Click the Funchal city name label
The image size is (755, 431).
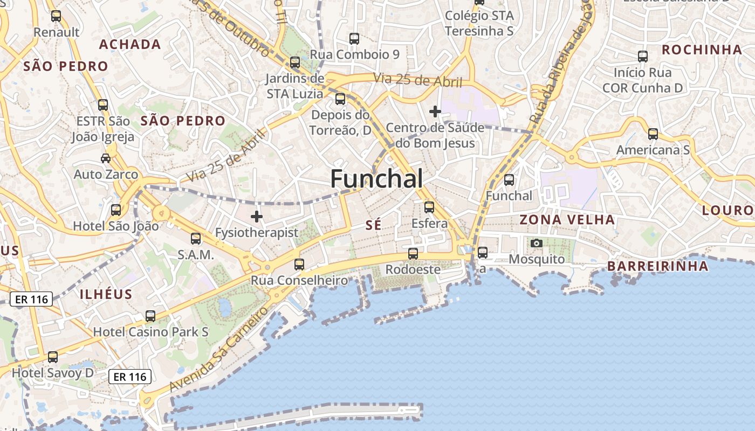pyautogui.click(x=376, y=178)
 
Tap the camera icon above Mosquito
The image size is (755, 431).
pyautogui.click(x=536, y=244)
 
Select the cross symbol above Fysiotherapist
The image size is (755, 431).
pyautogui.click(x=257, y=217)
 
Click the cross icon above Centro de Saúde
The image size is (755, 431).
pyautogui.click(x=435, y=112)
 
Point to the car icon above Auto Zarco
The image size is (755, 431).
pyautogui.click(x=106, y=158)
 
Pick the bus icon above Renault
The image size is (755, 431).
pyautogui.click(x=56, y=16)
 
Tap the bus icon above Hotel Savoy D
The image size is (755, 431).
pyautogui.click(x=52, y=357)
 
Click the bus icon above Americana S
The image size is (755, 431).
pyautogui.click(x=653, y=134)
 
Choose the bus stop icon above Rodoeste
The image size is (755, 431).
pyautogui.click(x=413, y=253)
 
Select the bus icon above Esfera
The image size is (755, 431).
pyautogui.click(x=429, y=207)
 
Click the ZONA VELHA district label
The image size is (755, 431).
pyautogui.click(x=567, y=220)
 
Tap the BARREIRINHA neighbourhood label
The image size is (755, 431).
pyautogui.click(x=657, y=266)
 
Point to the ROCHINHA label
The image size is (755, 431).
pyautogui.click(x=702, y=50)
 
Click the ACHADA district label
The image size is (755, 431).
pyautogui.click(x=130, y=44)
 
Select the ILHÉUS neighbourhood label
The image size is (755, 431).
pyautogui.click(x=106, y=294)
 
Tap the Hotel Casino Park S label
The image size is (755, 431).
pyautogui.click(x=151, y=332)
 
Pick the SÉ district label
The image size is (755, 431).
pyautogui.click(x=373, y=225)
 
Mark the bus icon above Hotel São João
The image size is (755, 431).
pyautogui.click(x=116, y=210)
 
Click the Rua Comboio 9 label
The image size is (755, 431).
pyautogui.click(x=354, y=54)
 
